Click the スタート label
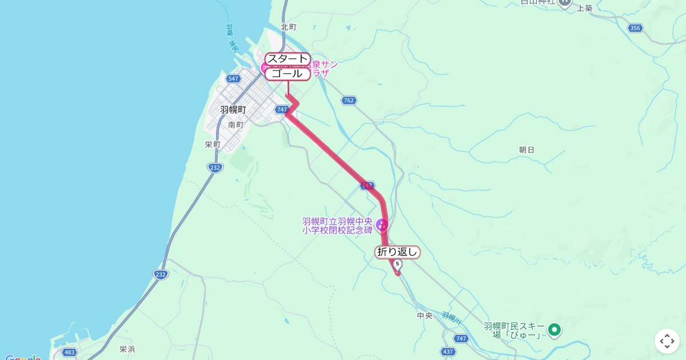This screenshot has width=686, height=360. click(288, 59)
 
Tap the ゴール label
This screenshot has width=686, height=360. click(288, 74)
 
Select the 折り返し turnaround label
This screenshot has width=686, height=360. click(398, 252)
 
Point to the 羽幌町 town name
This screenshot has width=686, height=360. click(233, 109)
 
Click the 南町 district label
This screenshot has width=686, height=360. click(236, 125)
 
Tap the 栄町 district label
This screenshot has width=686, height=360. click(213, 145)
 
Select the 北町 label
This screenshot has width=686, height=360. click(289, 27)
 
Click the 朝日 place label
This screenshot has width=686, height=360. click(527, 150)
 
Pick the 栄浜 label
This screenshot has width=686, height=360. click(127, 349)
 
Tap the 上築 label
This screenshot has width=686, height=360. click(585, 8)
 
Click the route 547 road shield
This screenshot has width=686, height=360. click(233, 78)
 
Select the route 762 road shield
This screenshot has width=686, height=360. click(349, 101)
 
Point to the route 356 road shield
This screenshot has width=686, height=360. click(635, 28)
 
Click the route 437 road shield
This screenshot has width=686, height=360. click(448, 351)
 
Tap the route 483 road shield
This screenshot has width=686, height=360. click(70, 353)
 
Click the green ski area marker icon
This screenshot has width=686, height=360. click(553, 330)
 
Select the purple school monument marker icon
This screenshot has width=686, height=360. click(382, 225)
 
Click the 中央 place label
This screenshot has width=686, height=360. click(425, 315)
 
